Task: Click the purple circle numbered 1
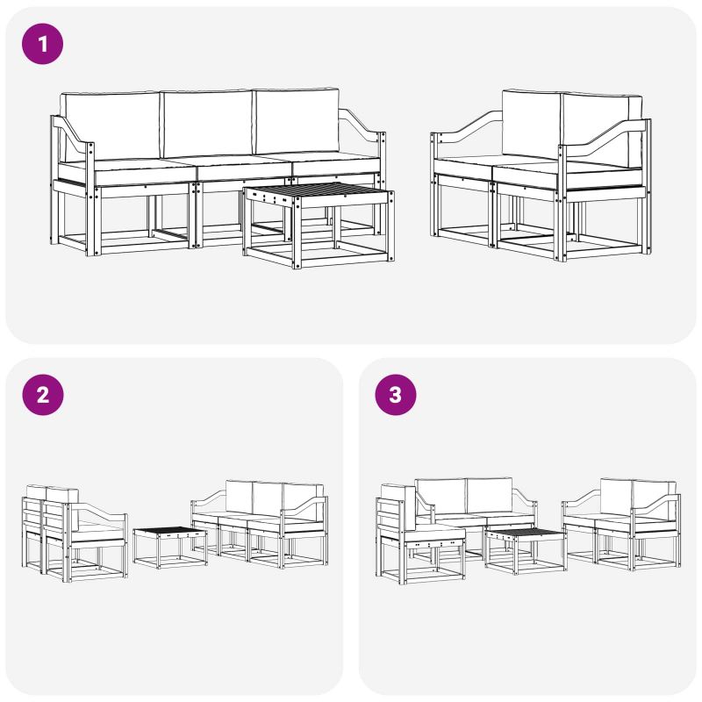click(42, 44)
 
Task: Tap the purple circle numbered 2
click(42, 395)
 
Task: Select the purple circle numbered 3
click(396, 395)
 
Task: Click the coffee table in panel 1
click(319, 225)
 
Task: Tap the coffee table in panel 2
click(170, 547)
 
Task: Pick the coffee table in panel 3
click(525, 551)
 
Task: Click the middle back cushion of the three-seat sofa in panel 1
click(207, 124)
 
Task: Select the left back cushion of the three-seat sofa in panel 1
click(111, 125)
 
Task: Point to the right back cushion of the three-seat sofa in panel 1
click(297, 121)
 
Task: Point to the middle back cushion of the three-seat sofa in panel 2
click(268, 498)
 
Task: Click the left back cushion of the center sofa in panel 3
click(441, 496)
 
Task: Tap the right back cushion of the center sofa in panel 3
click(490, 495)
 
